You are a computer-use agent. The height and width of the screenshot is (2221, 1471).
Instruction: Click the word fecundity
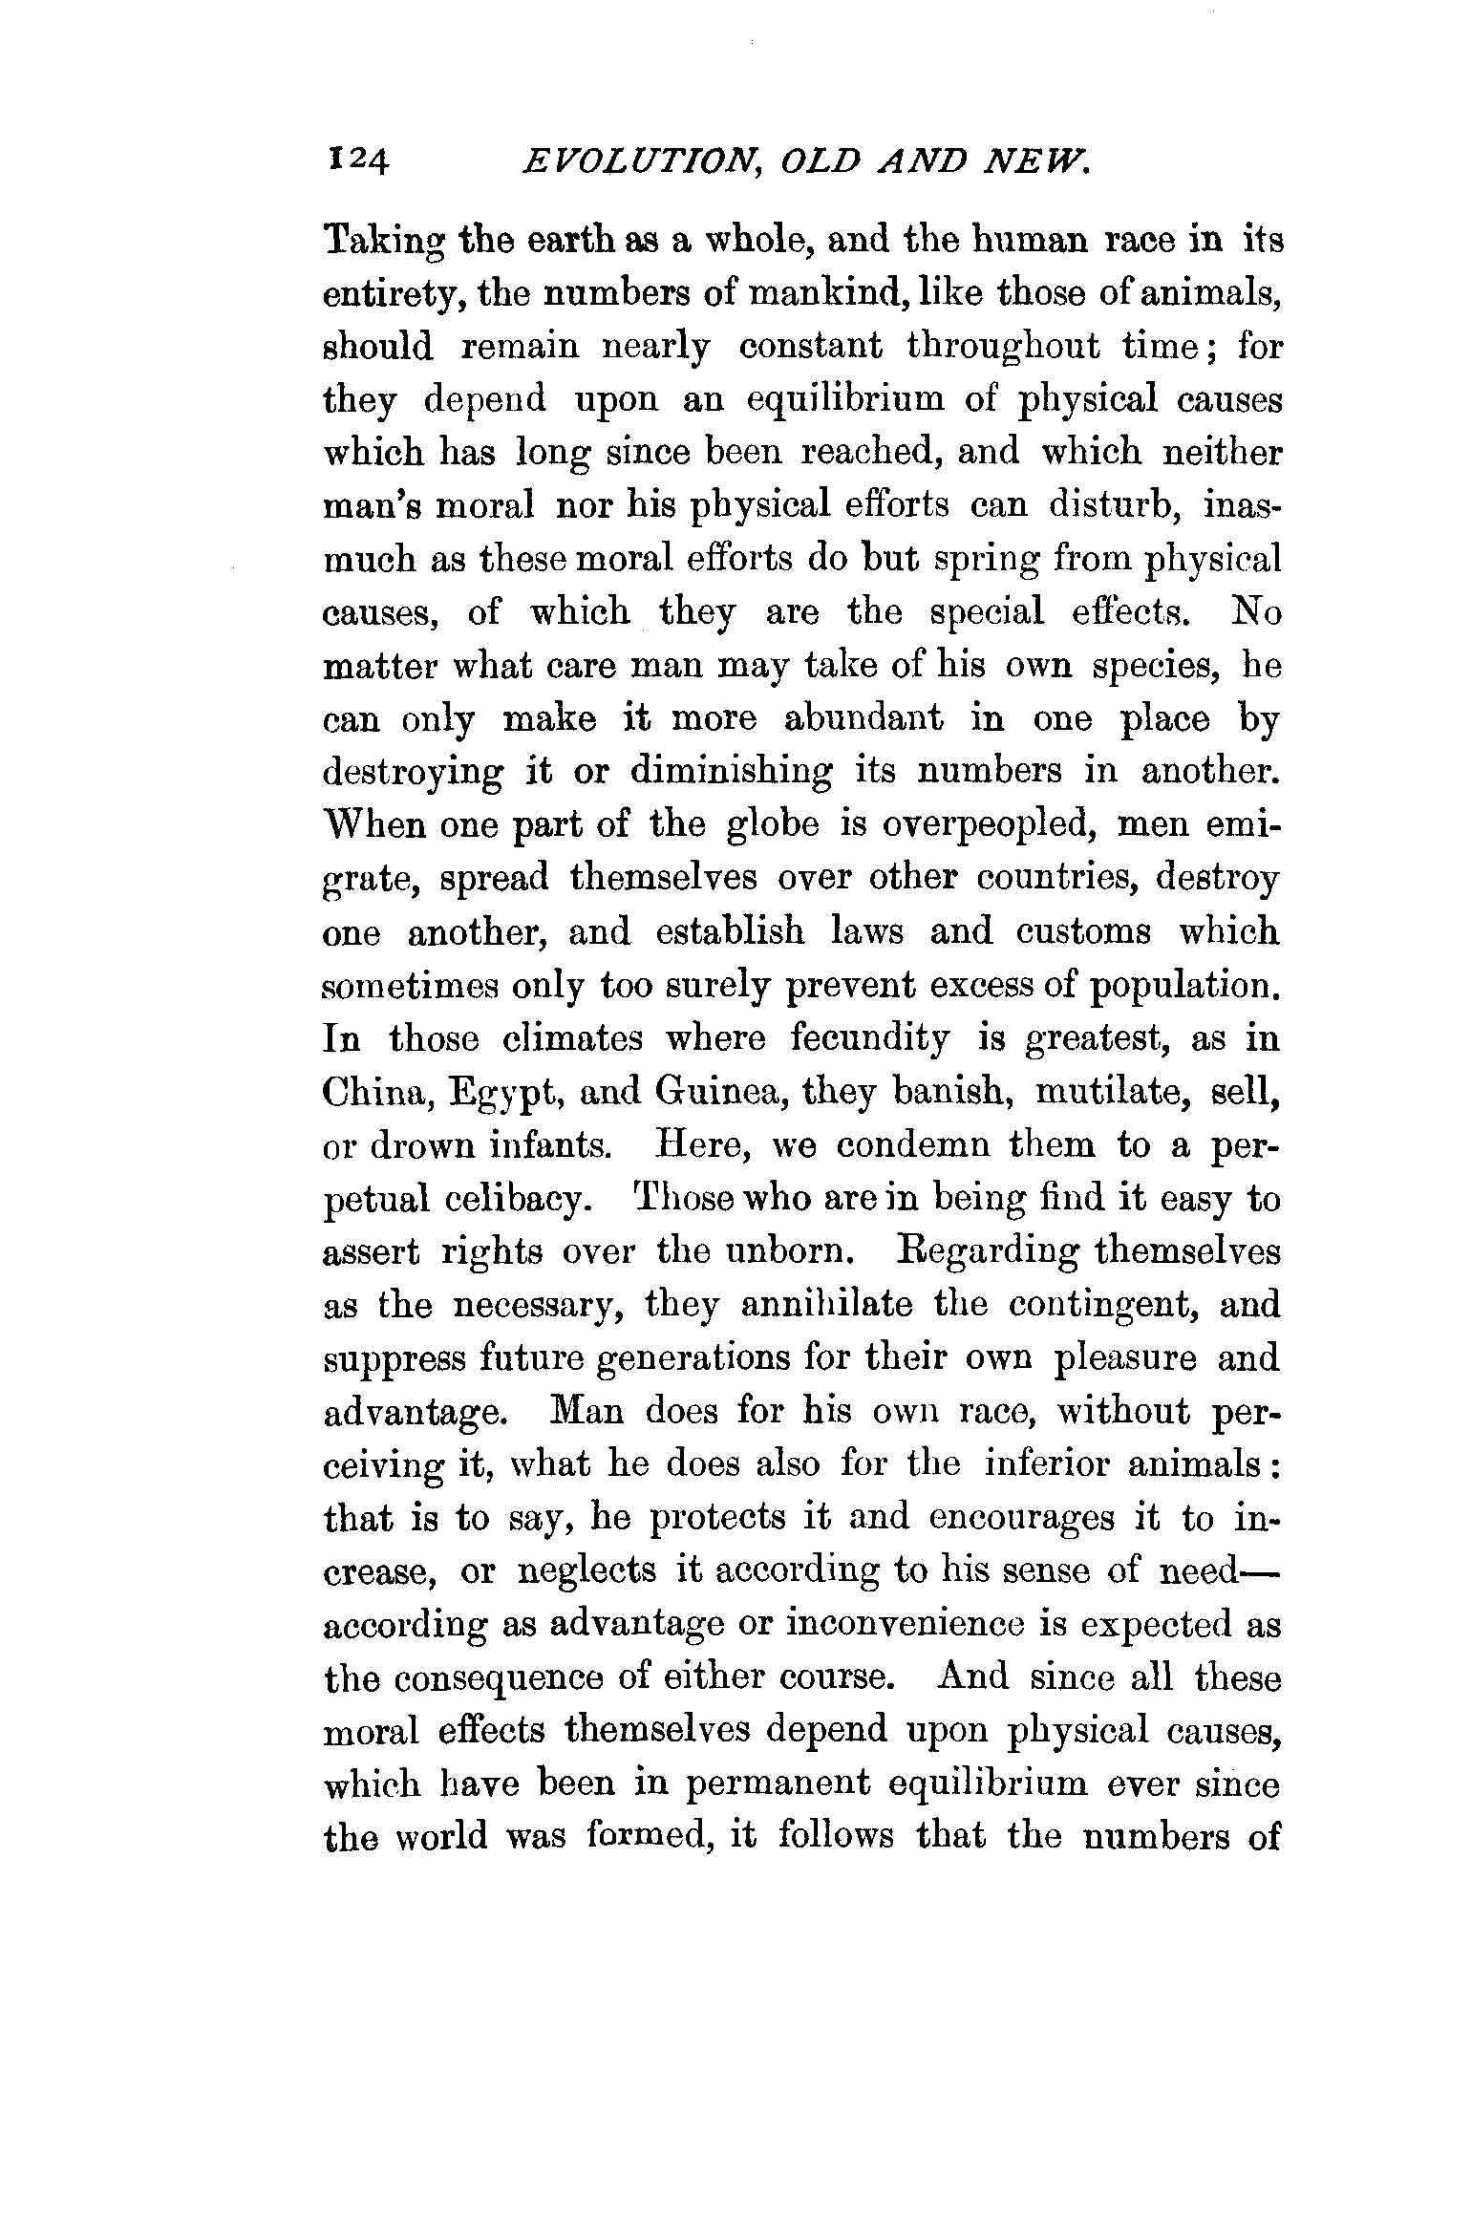(x=871, y=1038)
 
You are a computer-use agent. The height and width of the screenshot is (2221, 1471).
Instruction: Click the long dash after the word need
(x=1259, y=1571)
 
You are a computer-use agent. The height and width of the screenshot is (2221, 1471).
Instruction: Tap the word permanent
(x=724, y=1784)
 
